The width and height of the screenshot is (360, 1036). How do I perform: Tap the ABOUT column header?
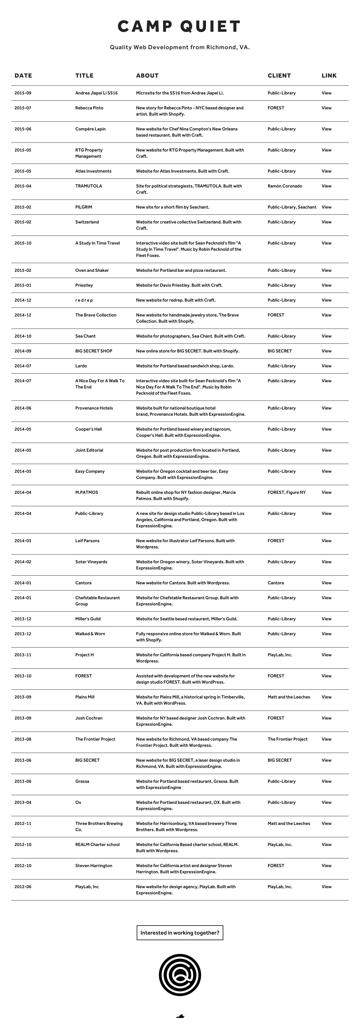click(147, 76)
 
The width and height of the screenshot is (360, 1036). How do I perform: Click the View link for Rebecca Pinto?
click(326, 108)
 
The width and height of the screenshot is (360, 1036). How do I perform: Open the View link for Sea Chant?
click(326, 336)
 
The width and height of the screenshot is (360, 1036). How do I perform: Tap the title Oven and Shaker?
click(92, 271)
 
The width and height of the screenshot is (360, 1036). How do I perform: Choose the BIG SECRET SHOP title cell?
click(94, 351)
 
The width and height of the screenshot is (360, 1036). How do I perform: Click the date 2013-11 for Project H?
click(23, 655)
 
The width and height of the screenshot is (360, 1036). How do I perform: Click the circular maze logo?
click(180, 975)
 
